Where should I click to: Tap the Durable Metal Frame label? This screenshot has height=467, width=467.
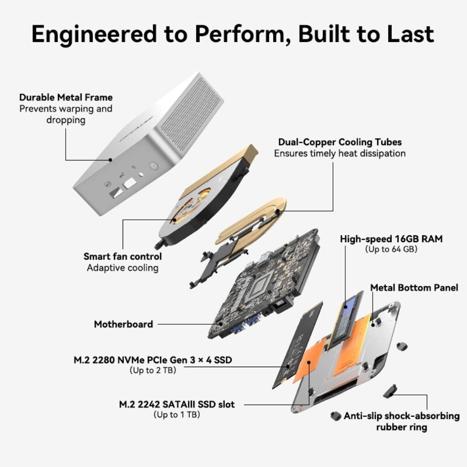coord(66,98)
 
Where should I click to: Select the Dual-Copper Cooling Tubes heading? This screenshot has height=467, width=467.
coord(340,142)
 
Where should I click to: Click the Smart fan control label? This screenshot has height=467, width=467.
coord(123,256)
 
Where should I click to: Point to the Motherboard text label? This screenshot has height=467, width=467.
coord(123,324)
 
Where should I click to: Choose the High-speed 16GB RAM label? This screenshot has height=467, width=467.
coord(391,239)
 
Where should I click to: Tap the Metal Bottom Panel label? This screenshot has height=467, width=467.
coord(414,288)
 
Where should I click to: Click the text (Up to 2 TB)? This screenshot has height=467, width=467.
coord(153,370)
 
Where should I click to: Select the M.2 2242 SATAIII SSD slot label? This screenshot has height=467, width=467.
coord(177,405)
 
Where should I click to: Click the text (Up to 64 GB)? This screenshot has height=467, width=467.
coord(391,249)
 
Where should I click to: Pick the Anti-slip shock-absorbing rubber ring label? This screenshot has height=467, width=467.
coord(401,421)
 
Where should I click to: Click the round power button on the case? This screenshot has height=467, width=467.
coord(153,166)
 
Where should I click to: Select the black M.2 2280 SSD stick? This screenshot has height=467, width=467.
coord(298,346)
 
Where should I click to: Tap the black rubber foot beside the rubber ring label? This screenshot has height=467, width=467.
coord(336,416)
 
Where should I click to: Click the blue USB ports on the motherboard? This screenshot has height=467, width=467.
coord(244,325)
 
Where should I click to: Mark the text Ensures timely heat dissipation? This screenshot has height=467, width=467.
coord(340,153)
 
